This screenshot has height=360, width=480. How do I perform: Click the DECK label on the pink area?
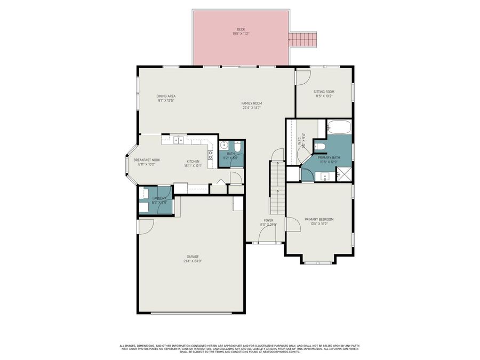pos(241,29)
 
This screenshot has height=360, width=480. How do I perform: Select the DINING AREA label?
pos(166,96)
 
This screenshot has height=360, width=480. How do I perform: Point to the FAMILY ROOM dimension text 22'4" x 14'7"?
pos(252,107)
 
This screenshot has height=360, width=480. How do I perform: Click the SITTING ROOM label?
pos(324,92)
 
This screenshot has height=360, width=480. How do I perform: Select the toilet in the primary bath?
pos(319,147)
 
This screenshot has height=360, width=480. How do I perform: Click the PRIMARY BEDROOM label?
pos(319,219)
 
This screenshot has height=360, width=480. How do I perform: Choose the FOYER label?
pos(269,220)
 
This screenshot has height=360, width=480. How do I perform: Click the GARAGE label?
pos(193,257)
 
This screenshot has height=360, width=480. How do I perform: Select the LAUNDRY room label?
pos(159,198)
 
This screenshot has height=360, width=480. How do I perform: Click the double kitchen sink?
pos(178,140)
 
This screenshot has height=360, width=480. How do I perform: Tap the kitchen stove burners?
pos(210,155)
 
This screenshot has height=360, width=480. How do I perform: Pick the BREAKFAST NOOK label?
pos(147,160)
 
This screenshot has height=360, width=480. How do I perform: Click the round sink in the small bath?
pos(225,145)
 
